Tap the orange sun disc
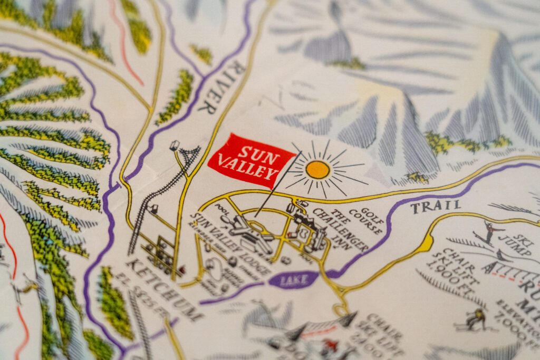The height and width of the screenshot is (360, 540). pos(317,169)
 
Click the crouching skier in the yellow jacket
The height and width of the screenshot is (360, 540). pos(476,318)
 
